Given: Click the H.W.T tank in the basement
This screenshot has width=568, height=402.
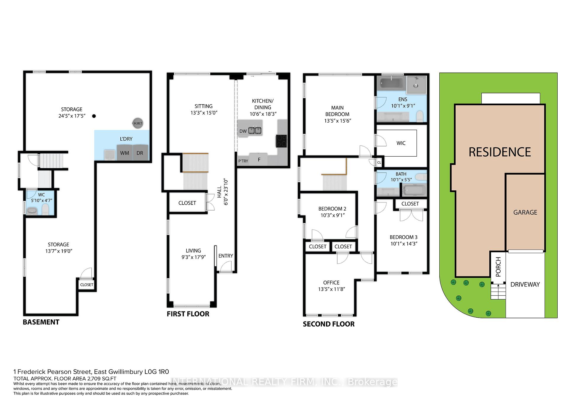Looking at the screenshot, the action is [138, 123].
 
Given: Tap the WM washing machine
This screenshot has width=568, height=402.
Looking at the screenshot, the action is [125, 153].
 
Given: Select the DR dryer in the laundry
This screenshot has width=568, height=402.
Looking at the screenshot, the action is [140, 153].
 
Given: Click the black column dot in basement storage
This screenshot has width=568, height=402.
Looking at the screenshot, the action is [94, 116].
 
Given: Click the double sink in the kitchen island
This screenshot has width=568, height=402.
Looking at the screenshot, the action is [255, 130].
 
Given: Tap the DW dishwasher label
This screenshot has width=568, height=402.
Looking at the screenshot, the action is [243, 131].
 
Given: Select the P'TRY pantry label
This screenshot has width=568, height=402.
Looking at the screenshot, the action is [243, 161].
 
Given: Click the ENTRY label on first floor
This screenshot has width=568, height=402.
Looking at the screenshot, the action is [226, 256].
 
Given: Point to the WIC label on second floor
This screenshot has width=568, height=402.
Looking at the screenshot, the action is [401, 143].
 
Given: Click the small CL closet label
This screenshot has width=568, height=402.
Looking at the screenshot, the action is [379, 163].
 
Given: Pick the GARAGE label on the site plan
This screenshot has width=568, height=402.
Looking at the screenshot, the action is [525, 212].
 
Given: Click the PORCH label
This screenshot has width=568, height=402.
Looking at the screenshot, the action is [498, 267].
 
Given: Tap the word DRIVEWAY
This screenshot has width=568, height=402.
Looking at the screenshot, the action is [525, 284].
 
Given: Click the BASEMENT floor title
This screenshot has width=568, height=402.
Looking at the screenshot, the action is [41, 322].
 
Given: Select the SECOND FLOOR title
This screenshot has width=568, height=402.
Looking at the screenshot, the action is [329, 324].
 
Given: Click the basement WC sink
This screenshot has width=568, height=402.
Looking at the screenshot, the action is [32, 211].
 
